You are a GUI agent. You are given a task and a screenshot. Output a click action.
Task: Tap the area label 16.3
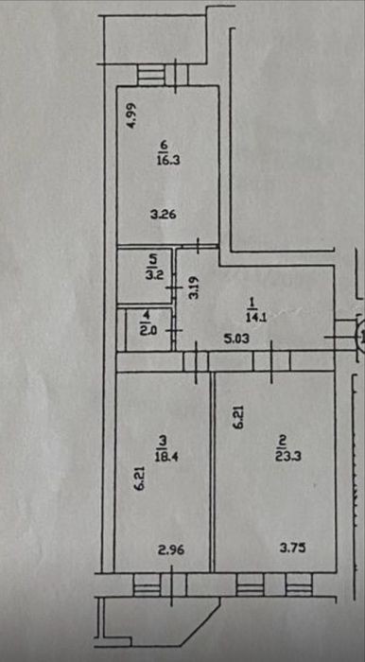click(164, 161)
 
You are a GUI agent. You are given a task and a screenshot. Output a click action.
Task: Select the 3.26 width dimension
click(163, 215)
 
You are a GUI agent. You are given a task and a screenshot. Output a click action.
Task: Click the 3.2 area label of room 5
click(152, 273)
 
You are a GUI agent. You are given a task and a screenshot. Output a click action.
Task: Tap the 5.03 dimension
click(235, 339)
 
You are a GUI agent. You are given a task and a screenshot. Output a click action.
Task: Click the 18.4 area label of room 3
click(164, 457)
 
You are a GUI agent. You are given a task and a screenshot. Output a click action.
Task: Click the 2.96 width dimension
click(171, 550)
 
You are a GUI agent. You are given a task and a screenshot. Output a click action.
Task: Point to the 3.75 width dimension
click(292, 549)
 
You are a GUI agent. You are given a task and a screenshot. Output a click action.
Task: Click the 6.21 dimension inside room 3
click(141, 478)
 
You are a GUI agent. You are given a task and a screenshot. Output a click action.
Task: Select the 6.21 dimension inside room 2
click(239, 418)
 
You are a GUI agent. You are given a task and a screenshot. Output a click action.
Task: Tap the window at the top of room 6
click(163, 75)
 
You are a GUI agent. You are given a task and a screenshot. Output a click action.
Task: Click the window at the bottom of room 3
click(160, 584)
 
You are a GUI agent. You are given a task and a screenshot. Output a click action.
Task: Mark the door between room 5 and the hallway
click(174, 287)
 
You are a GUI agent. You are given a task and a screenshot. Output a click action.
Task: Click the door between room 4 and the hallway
click(174, 331)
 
